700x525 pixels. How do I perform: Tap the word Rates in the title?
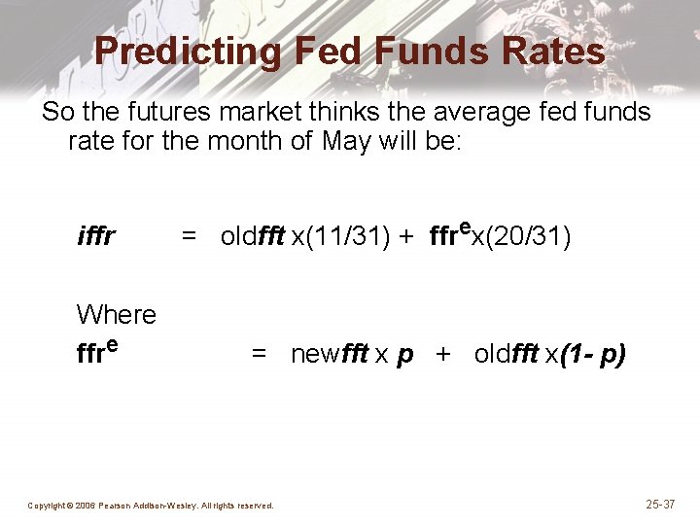point(551,51)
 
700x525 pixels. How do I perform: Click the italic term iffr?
point(96,237)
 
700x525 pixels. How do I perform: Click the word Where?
point(116,314)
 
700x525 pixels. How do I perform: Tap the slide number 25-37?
point(660,505)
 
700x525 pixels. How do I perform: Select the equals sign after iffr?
point(190,237)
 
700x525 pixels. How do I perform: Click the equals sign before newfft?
point(260,354)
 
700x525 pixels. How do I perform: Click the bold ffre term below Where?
point(97,351)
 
